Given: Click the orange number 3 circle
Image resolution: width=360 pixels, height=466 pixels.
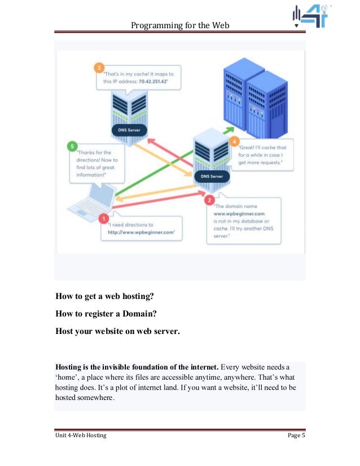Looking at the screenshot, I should click(x=99, y=69).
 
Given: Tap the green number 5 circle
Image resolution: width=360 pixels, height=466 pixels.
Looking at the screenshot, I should click(x=71, y=144).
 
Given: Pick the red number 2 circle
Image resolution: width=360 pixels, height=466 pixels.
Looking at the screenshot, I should click(x=210, y=200).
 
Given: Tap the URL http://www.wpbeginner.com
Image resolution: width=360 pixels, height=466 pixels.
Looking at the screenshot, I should click(x=142, y=231).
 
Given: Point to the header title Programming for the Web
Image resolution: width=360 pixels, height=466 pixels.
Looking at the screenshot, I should click(x=180, y=25).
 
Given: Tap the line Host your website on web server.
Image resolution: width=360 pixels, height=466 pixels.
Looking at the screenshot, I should click(x=117, y=331).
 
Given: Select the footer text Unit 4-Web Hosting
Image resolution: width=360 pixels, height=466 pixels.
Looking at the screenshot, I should click(x=81, y=436).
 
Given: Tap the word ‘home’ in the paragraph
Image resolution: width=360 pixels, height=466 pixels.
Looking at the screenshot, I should click(x=68, y=377).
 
